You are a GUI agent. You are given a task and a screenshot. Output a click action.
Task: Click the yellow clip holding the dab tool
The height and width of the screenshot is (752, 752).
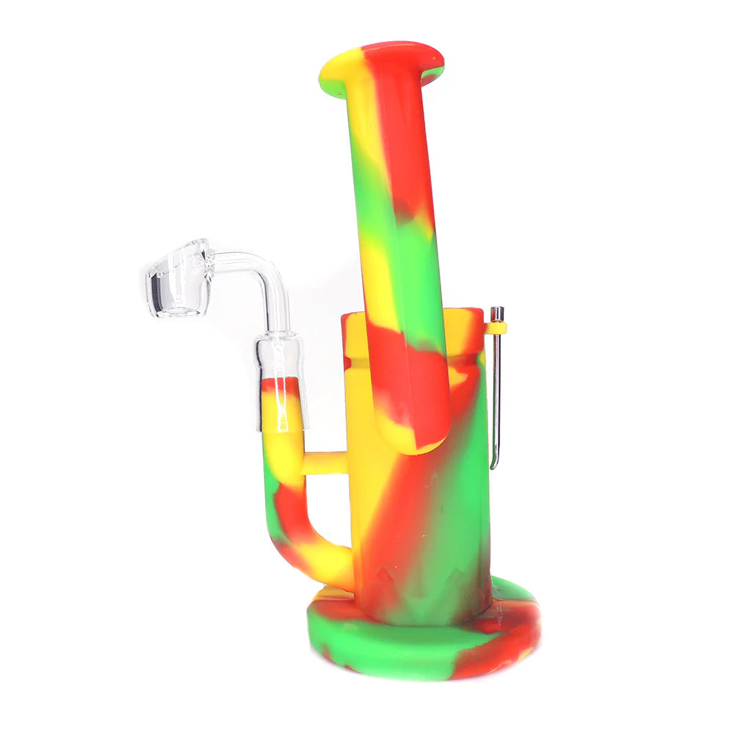click(496, 328)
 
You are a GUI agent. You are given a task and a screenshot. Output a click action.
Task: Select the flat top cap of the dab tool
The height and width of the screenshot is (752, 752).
click(497, 311)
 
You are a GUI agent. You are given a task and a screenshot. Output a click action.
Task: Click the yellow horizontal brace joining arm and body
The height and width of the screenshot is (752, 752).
click(324, 463)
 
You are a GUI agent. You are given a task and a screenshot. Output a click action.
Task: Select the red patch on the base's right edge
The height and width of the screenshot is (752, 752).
click(507, 639)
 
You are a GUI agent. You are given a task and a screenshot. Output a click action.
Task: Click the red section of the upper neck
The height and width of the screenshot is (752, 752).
click(400, 132)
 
